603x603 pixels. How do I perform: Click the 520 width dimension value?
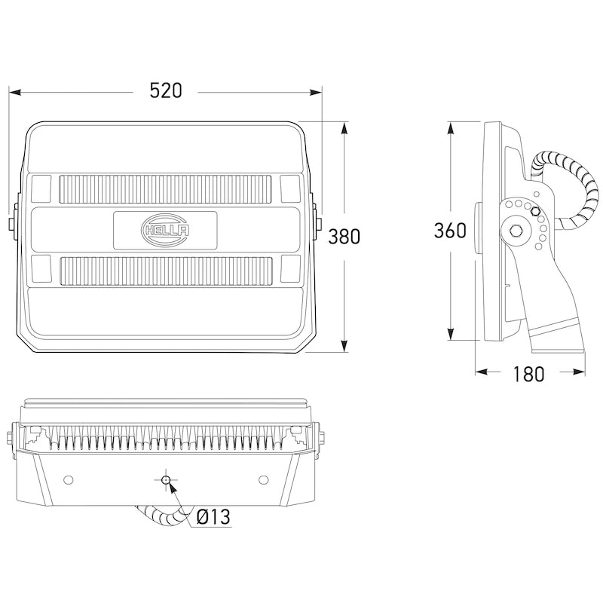click(166, 91)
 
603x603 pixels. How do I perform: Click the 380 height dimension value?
click(344, 236)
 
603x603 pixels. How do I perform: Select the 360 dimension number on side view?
click(450, 231)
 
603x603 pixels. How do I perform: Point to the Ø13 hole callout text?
click(213, 518)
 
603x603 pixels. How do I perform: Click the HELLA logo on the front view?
click(166, 230)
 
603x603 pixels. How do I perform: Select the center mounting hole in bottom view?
click(166, 479)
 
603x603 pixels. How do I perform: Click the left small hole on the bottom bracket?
click(69, 479)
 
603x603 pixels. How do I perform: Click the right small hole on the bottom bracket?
click(263, 479)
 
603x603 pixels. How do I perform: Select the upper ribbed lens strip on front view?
click(166, 188)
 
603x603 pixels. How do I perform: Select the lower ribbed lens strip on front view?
click(166, 269)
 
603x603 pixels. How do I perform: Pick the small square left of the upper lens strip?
click(42, 188)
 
